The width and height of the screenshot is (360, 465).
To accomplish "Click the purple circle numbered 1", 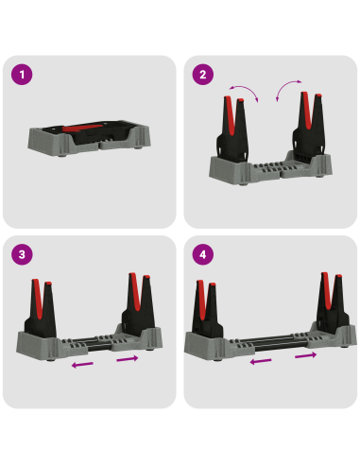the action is pos(22,75).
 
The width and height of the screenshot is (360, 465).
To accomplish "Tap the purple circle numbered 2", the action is pos(203,75).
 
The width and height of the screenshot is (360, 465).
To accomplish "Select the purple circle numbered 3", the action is pos(22,254).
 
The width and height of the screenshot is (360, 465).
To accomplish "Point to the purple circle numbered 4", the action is pos(203,254).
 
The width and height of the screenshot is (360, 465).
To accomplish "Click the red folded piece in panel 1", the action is pos(82,129).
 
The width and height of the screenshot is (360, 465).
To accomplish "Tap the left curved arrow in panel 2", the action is pos(246,89).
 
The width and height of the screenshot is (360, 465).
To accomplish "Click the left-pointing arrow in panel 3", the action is pos(82,365).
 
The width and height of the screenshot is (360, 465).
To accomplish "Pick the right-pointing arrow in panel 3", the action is pos(128,359).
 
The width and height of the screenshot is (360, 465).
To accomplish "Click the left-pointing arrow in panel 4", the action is pos(261,361).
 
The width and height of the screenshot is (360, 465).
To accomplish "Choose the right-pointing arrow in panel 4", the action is pos(305,355).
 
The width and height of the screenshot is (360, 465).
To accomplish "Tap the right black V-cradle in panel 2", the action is pos(309,126).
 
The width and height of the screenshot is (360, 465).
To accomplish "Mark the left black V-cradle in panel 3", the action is pos(41,309).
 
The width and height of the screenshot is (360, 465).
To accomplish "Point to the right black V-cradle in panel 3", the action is pos(139,304).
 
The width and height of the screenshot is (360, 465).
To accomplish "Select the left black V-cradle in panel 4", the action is pos(207,310).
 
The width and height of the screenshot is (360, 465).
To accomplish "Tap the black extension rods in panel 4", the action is pos(273,343).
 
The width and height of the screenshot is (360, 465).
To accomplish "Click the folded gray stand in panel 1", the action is pos(89,138).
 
